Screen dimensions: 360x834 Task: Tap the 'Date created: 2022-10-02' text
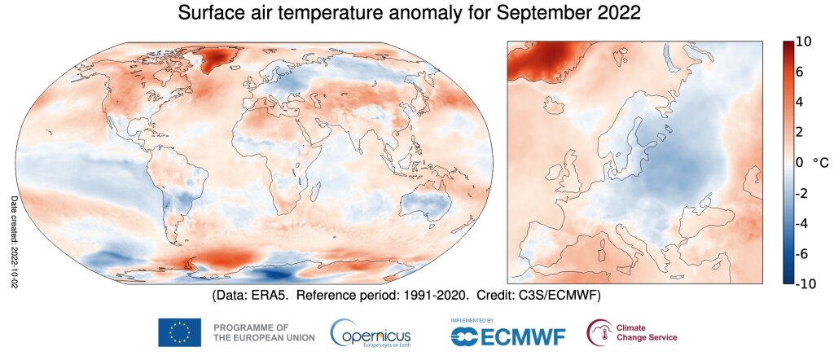click(x=13, y=239)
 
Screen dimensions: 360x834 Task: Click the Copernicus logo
click(x=371, y=332)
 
